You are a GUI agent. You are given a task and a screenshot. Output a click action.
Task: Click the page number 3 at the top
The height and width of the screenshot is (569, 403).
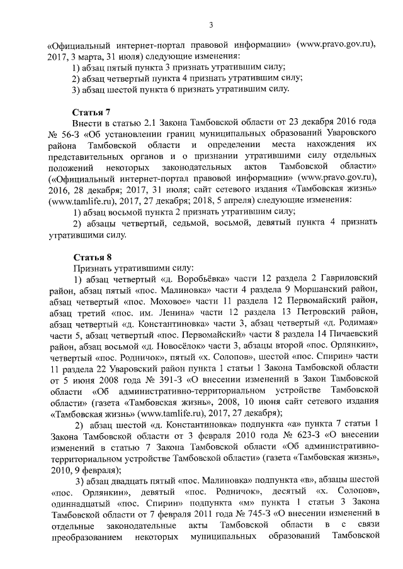tap(211, 25)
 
